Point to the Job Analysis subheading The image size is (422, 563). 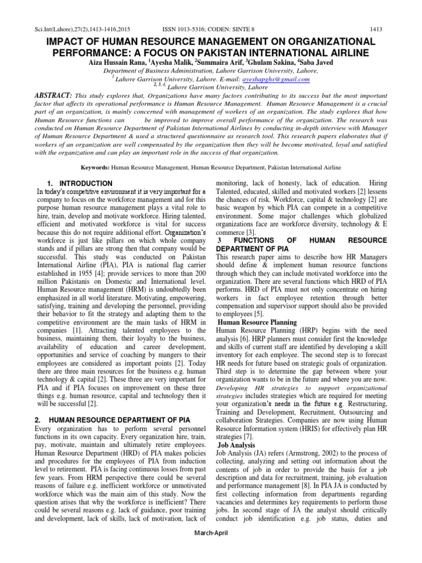pyautogui.click(x=237, y=444)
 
